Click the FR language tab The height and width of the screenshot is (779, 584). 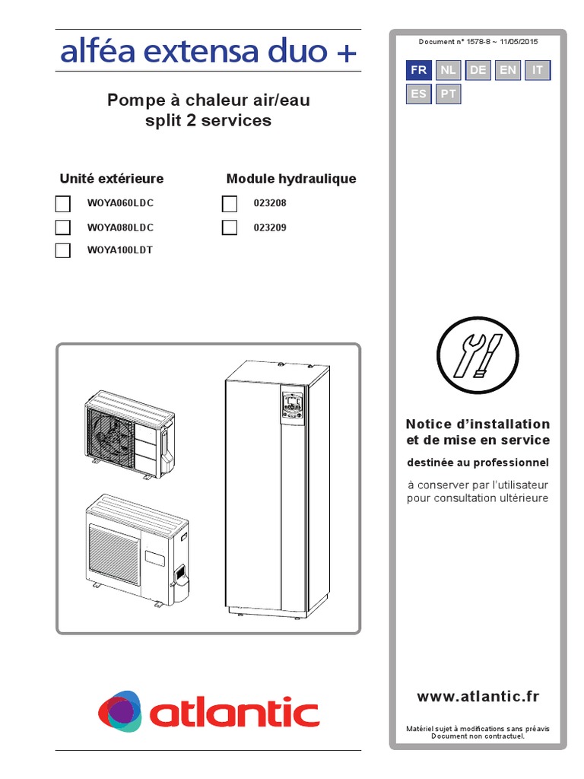tap(418, 70)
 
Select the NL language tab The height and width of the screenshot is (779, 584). tap(449, 70)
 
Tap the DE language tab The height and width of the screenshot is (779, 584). tap(478, 70)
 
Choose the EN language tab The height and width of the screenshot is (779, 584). tap(508, 70)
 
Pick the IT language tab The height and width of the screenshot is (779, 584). tap(538, 70)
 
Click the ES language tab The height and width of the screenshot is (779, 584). tap(418, 94)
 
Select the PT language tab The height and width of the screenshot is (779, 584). tap(449, 94)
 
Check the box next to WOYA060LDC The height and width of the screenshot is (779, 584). tap(63, 204)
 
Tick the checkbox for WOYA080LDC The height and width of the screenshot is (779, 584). tap(63, 227)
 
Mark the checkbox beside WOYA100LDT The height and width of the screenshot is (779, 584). tap(63, 250)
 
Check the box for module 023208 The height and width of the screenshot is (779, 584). tap(229, 204)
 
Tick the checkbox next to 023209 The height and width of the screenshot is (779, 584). tap(229, 227)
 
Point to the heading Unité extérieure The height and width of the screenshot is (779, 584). tap(112, 179)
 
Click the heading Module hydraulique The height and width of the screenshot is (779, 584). tap(291, 179)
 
